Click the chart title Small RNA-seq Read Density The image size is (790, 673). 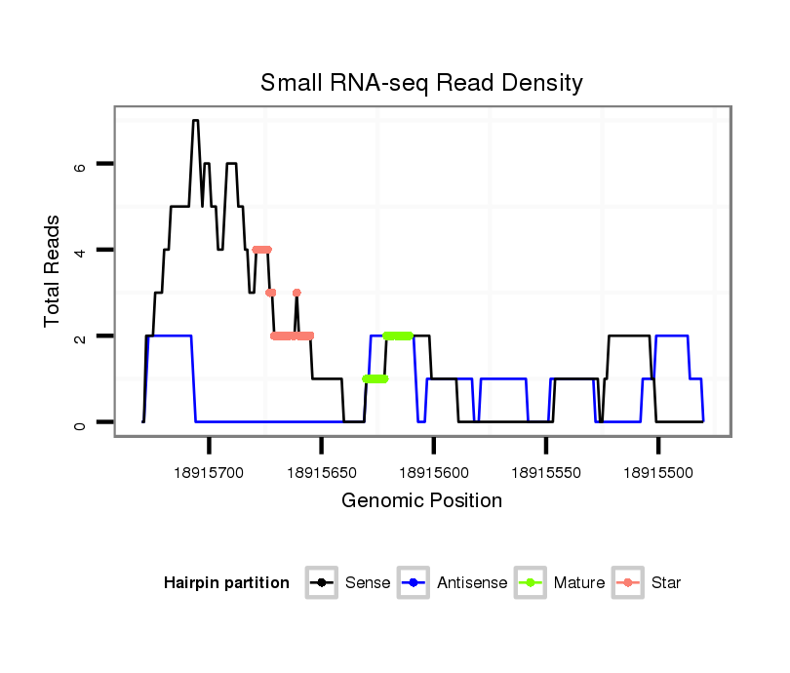point(421,83)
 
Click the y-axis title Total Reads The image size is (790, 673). point(54,270)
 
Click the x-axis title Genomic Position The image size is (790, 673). point(421,501)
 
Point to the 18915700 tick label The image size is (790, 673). point(210,472)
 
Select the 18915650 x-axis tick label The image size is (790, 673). point(322,472)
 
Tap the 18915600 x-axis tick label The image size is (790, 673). point(434,472)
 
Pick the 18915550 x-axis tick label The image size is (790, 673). point(546,472)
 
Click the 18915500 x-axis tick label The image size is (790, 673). point(658,472)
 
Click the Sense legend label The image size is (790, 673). point(368,583)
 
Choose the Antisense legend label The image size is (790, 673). point(472,583)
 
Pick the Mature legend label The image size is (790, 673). point(579,583)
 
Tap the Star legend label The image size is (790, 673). point(666,583)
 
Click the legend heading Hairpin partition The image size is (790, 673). point(226,583)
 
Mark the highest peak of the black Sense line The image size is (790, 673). point(195,121)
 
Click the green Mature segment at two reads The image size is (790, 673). point(398,336)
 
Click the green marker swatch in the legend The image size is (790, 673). point(533,583)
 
